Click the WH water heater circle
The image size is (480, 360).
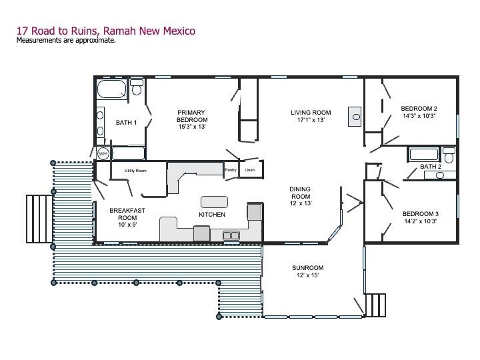[x=103, y=153]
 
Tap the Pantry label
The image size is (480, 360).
[x=231, y=170]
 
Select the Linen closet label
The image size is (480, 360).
[x=249, y=170]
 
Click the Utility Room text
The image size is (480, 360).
[x=135, y=171]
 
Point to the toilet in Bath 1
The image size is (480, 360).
[x=137, y=87]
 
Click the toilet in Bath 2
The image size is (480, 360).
[x=449, y=155]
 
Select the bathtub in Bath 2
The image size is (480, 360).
[x=424, y=154]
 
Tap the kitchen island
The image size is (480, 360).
[x=214, y=202]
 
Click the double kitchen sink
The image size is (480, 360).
[x=231, y=235]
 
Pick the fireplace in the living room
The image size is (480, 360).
[x=355, y=117]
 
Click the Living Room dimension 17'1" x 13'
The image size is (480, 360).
[x=311, y=120]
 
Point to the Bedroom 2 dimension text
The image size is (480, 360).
[x=419, y=116]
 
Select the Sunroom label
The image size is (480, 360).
[x=307, y=268]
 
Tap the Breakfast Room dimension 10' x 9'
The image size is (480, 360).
[x=127, y=225]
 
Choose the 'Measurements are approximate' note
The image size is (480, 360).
[x=66, y=40]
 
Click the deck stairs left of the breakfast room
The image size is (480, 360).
[x=39, y=219]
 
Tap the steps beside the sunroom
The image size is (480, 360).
[x=375, y=305]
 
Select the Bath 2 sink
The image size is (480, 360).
[x=440, y=175]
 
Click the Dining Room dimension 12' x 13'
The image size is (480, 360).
[x=301, y=203]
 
